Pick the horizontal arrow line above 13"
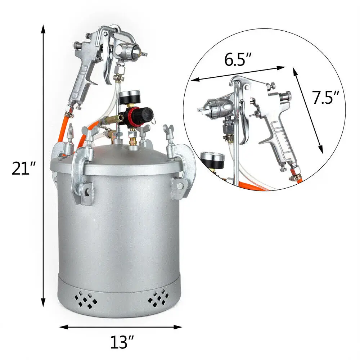121,327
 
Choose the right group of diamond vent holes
158,297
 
